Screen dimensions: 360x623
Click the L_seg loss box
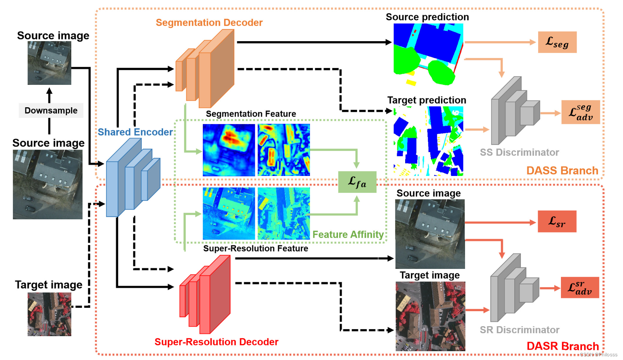pos(557,42)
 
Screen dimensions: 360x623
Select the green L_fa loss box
pos(357,182)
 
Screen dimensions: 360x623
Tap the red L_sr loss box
pos(557,222)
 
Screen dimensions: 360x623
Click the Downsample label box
pos(51,111)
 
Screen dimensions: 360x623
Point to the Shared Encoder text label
pos(135,132)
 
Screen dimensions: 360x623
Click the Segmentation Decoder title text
pos(209,23)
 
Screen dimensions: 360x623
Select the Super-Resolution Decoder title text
pos(216,342)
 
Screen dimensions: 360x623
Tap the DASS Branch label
pos(562,171)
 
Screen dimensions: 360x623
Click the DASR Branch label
pos(562,346)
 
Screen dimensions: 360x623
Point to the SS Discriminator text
pos(519,152)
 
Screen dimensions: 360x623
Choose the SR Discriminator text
pos(519,330)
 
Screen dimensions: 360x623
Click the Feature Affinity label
pos(348,234)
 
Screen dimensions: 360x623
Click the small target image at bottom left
pos(49,314)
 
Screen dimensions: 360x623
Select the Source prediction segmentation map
pos(428,54)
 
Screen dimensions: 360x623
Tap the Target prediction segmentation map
pos(428,141)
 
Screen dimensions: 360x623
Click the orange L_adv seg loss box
pos(580,112)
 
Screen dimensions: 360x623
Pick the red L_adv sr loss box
pos(580,288)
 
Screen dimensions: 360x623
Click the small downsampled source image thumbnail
pos(49,63)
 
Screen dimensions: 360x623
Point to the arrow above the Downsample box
pos(49,95)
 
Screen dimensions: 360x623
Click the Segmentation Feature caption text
pos(251,114)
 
